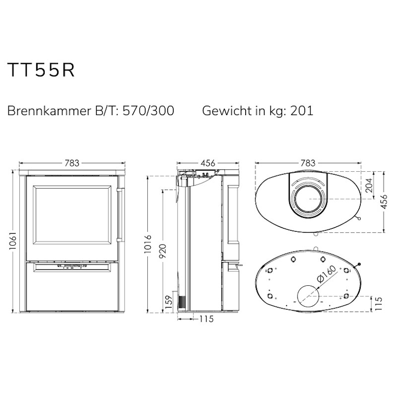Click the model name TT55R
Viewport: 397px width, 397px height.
coord(41,70)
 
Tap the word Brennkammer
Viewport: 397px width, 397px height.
coord(49,111)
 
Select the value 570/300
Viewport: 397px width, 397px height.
coord(148,111)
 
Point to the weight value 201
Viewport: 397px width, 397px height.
coord(302,111)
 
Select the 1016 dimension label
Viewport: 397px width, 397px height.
coord(147,244)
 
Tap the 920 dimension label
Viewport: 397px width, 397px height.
coord(163,251)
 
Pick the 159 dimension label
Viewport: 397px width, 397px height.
coord(169,302)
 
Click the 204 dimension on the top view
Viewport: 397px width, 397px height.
coord(369,185)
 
